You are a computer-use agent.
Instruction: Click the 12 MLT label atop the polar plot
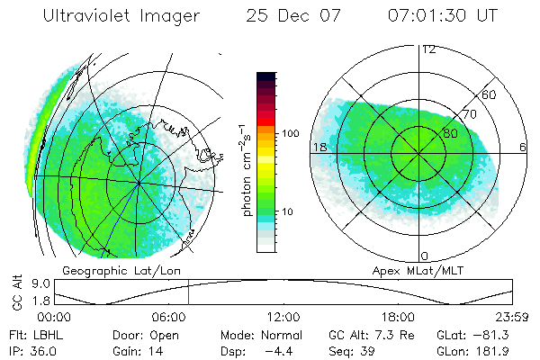click(x=429, y=49)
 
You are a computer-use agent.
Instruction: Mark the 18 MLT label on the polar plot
click(x=319, y=147)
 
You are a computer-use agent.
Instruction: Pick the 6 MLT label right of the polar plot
click(x=523, y=147)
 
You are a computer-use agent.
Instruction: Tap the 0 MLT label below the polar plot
click(x=426, y=256)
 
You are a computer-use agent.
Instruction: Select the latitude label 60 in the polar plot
click(x=490, y=94)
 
